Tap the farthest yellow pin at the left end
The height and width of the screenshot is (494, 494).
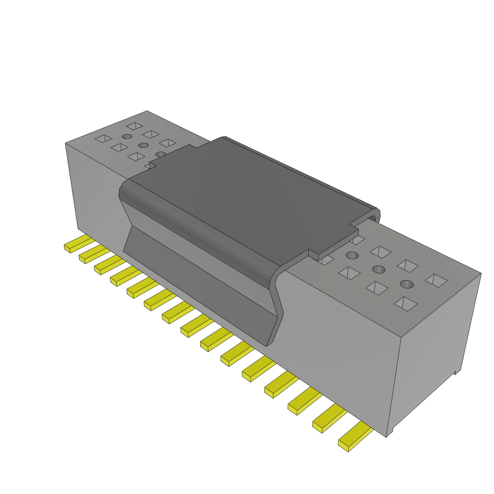coord(77,243)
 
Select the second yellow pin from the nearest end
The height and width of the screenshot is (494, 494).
coord(329,418)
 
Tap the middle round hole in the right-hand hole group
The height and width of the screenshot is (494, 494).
coord(379,269)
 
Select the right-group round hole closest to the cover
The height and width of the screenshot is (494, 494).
coord(353,255)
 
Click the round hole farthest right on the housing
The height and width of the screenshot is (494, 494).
coord(407,284)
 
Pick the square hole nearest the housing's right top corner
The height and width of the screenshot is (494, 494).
coord(437,280)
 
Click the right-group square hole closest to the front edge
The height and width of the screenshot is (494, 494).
coord(405,303)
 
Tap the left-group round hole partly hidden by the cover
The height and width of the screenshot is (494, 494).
coord(161,154)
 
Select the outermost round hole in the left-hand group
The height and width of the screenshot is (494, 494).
coord(127,137)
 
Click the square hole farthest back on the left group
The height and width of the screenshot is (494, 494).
coord(134,126)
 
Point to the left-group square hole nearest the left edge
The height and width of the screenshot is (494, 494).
coord(103,139)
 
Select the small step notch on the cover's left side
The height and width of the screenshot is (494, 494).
coord(152,165)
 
